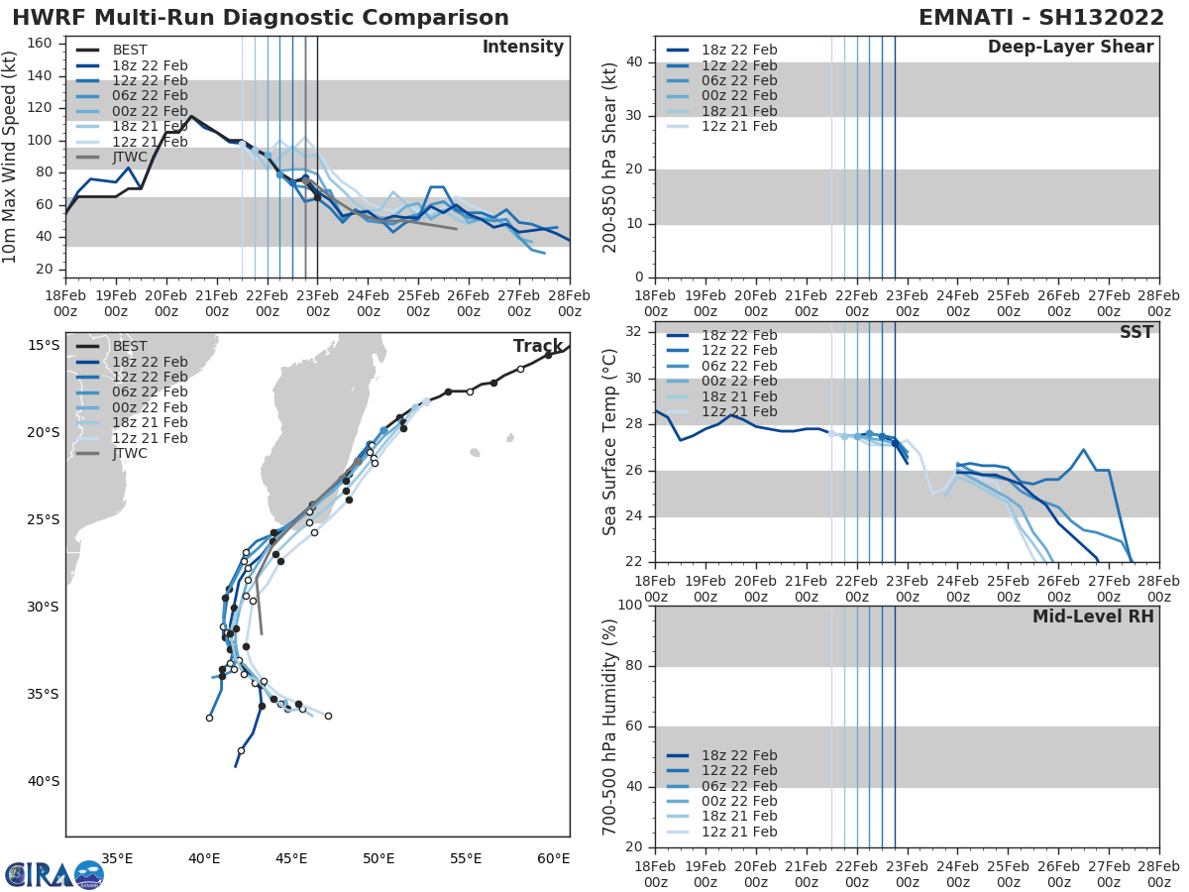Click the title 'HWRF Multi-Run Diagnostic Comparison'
(x=261, y=18)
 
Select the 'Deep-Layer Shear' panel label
(x=1070, y=48)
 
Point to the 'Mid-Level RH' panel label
(x=1093, y=616)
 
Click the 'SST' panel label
(x=1135, y=333)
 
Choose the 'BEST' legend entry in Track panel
(x=130, y=346)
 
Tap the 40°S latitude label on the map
(x=43, y=781)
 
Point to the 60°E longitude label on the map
(x=553, y=858)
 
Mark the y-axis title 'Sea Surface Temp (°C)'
(x=611, y=442)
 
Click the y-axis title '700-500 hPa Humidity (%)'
(x=611, y=725)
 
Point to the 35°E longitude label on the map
(x=117, y=858)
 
